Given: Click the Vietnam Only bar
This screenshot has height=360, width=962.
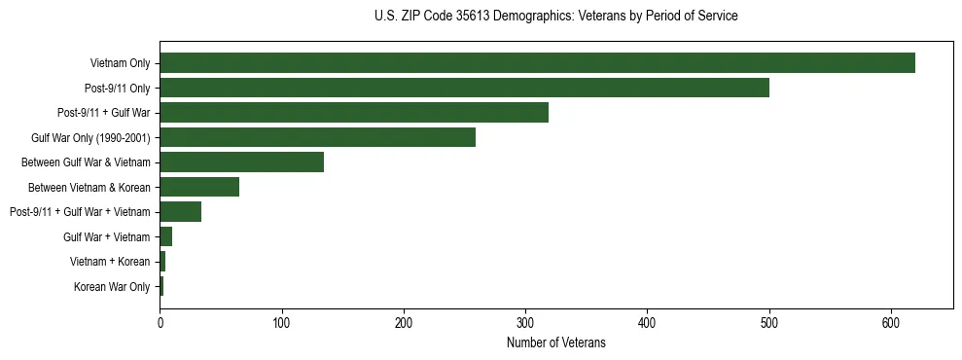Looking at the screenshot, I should [x=537, y=63].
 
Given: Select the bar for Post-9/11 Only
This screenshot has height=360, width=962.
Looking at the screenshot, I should [x=464, y=88].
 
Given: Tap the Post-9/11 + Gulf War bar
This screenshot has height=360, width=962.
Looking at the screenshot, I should [x=354, y=113].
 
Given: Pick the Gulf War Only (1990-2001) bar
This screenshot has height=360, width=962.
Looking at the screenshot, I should [x=317, y=137].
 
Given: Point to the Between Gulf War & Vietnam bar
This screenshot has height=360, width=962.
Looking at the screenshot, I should [x=241, y=162].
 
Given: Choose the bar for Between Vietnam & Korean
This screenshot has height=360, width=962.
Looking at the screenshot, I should [x=199, y=187].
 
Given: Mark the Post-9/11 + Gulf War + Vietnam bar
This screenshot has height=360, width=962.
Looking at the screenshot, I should [x=181, y=212].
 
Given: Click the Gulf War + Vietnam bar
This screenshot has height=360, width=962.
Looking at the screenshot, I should [x=166, y=236].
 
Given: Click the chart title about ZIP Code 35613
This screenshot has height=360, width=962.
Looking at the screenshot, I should [x=555, y=17].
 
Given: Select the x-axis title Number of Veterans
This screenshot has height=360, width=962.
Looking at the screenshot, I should [x=555, y=342].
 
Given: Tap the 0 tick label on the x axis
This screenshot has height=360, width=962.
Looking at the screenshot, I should [x=160, y=322].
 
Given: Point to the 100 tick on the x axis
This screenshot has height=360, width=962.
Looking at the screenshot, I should [x=282, y=322].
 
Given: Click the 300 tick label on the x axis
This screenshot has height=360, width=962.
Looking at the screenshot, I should [x=525, y=322].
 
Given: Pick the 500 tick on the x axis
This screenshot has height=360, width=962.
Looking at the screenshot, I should [x=769, y=322].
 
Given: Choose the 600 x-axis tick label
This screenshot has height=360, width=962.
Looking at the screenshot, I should [x=891, y=322].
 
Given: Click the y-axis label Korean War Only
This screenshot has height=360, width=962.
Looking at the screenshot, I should [x=112, y=287].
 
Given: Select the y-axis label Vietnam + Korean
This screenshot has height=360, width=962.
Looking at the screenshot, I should [x=110, y=262].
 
